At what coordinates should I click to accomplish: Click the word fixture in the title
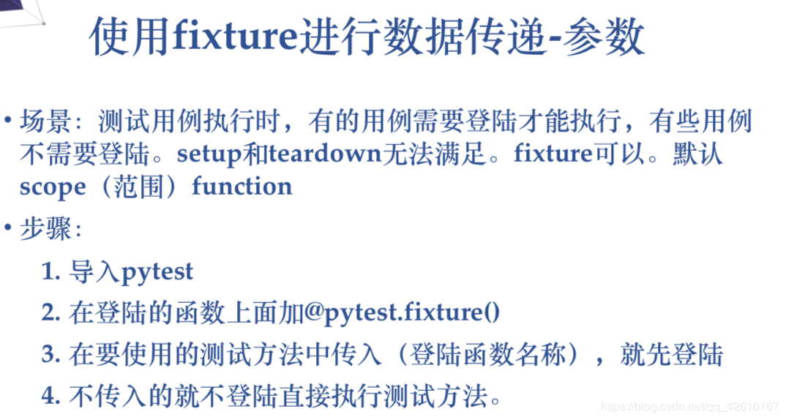pos(236,37)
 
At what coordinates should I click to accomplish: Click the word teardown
pos(325,154)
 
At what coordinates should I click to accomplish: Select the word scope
pos(52,187)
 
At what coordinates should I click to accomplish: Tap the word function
pos(242,187)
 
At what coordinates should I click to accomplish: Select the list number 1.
pos(50,271)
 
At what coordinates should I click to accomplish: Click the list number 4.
pos(50,397)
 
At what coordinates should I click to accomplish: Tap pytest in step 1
pos(157,272)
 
